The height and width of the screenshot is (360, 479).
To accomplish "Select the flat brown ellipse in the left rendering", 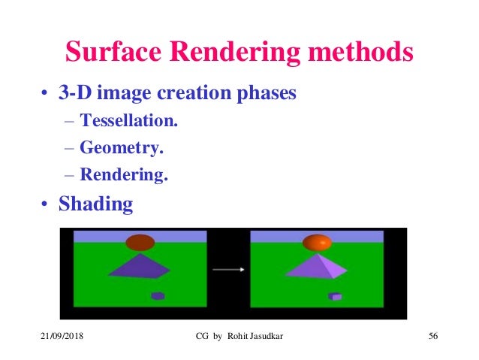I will (140, 242).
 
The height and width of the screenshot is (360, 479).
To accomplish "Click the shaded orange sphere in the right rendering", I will (316, 243).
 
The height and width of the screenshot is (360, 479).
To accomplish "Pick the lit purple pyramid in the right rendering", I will (317, 266).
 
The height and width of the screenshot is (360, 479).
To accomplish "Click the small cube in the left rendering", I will (157, 295).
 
